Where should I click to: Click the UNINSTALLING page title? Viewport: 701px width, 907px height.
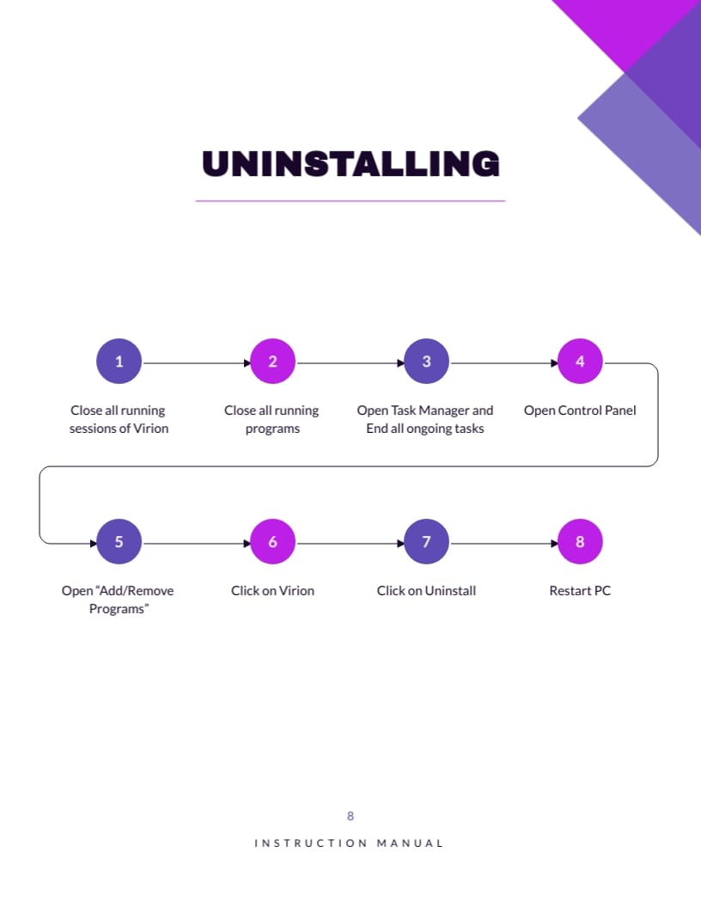350,164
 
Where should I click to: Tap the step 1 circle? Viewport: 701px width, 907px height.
119,362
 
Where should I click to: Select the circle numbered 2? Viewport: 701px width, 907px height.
272,362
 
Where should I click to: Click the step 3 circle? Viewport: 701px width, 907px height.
426,362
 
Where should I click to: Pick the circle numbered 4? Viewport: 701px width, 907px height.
580,362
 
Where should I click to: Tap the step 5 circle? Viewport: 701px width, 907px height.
119,542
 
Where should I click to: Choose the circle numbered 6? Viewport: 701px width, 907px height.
272,542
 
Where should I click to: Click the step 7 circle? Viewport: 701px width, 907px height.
426,542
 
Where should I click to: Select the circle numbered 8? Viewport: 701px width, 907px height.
580,542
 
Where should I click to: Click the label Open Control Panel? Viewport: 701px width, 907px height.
580,411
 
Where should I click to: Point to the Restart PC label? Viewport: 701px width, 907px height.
580,591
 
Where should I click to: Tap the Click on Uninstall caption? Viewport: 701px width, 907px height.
426,591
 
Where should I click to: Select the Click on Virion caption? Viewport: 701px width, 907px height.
272,591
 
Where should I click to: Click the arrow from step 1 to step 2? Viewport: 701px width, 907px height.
196,362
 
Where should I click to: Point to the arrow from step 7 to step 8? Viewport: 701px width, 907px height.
503,543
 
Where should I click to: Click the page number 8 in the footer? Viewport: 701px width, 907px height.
350,816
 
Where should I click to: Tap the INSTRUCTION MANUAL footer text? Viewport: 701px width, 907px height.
349,843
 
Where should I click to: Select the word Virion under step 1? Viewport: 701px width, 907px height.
149,429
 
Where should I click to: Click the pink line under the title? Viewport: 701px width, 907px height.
350,201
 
